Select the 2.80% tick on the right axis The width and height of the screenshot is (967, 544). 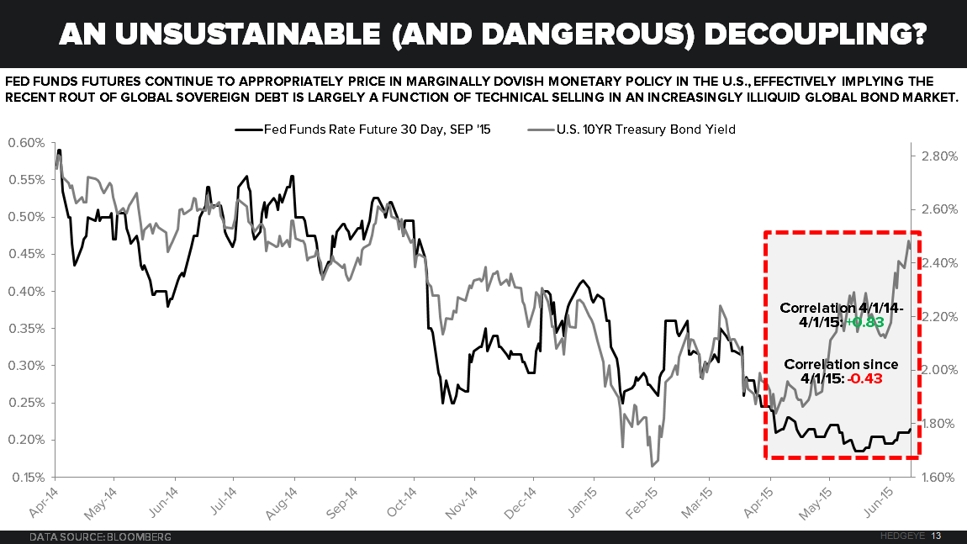pos(935,156)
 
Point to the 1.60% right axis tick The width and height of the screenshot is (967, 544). pos(935,478)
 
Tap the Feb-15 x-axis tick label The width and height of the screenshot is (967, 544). pos(637,501)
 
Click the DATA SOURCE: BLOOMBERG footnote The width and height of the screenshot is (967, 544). pos(100,536)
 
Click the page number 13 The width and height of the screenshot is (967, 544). pos(936,536)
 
